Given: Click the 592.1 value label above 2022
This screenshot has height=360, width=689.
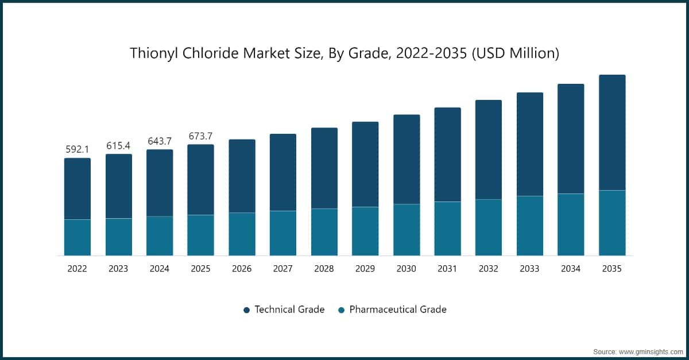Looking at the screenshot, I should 77,149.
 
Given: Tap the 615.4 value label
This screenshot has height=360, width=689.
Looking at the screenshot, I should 118,146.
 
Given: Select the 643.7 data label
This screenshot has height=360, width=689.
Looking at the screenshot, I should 160,141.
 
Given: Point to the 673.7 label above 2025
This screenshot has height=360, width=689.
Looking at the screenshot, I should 201,136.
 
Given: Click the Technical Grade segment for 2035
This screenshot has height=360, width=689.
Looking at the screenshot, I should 612,132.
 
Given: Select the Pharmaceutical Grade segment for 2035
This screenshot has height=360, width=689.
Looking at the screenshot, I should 612,223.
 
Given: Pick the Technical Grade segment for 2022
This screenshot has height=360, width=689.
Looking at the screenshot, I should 77,188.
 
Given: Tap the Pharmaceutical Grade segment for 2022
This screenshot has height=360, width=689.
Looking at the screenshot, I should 77,237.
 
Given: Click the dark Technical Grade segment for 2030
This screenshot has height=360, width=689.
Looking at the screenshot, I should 407,159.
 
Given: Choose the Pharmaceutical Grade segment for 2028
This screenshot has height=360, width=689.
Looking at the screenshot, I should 324,232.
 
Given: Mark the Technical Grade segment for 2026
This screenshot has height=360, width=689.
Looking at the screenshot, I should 242,176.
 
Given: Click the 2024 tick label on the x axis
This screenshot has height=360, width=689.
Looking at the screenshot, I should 160,269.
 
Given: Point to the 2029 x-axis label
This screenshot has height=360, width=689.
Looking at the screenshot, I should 365,269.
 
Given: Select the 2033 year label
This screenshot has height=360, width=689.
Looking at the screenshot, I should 530,269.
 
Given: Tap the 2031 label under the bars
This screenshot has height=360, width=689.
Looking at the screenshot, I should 447,269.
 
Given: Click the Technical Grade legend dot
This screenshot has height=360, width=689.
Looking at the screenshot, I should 246,310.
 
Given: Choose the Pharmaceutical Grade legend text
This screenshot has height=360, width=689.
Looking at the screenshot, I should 397,309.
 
